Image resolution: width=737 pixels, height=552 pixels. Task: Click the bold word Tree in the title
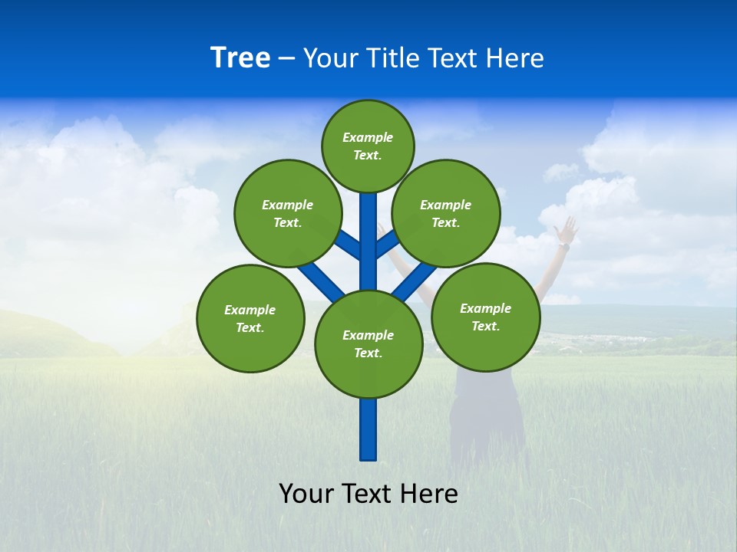(240, 58)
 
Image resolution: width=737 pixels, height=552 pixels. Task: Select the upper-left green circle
(288, 214)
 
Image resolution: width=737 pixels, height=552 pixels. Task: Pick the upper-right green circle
(446, 214)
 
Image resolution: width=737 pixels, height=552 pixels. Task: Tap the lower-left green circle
(250, 319)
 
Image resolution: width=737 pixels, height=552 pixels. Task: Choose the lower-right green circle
(486, 317)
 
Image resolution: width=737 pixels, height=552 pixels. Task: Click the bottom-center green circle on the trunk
(368, 344)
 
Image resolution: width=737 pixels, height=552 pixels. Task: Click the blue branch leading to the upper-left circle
(347, 245)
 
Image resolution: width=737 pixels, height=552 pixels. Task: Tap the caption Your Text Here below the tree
(368, 494)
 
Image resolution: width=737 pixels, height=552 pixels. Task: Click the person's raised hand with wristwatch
(567, 230)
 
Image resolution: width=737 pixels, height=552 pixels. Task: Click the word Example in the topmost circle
(368, 137)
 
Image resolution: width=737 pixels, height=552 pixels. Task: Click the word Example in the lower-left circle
(250, 310)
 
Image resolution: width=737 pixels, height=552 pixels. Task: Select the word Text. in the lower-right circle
(485, 326)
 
